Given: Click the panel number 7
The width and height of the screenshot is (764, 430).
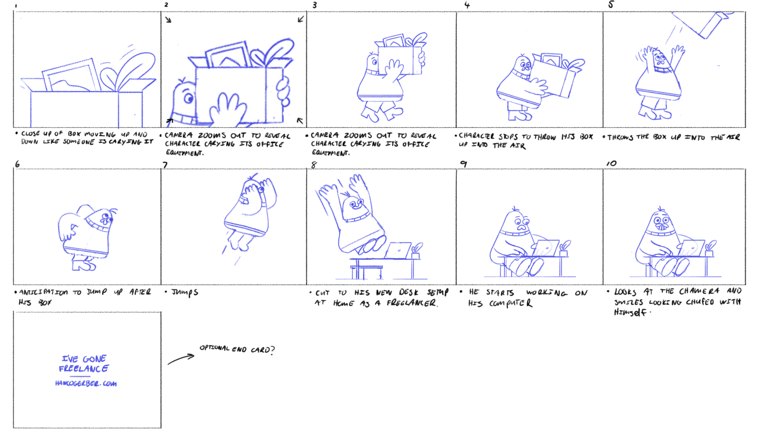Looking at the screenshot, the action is [x=165, y=165].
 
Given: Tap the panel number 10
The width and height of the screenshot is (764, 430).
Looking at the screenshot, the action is [x=612, y=164].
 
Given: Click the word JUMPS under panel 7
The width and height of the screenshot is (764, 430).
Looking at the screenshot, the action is [x=185, y=293].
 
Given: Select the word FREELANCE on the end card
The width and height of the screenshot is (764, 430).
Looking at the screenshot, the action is [x=83, y=369].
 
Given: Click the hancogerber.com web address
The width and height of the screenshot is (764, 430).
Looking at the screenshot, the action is [x=86, y=384].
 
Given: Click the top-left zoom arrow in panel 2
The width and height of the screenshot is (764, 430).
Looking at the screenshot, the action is [x=168, y=20].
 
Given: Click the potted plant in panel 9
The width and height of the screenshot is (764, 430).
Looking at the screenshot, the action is [x=564, y=248].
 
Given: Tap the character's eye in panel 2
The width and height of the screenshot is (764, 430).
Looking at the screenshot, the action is [x=189, y=98].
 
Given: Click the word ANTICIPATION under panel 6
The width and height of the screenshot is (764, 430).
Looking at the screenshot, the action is [x=44, y=292].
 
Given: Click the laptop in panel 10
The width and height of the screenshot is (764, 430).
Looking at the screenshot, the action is [x=691, y=248].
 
